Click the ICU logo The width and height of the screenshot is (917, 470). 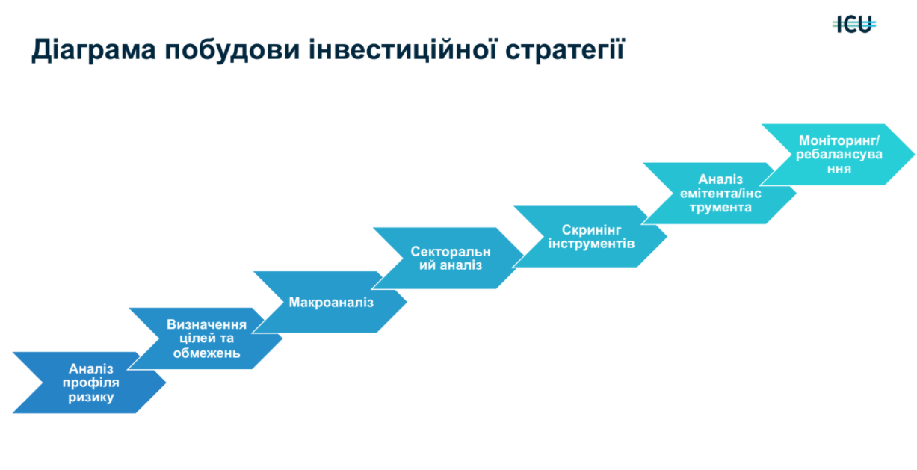pyautogui.click(x=854, y=25)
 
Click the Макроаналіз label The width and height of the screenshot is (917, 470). pyautogui.click(x=331, y=303)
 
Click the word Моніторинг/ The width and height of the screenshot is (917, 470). pyautogui.click(x=839, y=140)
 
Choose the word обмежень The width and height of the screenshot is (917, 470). pyautogui.click(x=207, y=353)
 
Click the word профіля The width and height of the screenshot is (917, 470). pyautogui.click(x=91, y=383)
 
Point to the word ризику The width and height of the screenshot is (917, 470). pyautogui.click(x=91, y=398)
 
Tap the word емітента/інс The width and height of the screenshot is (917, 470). pyautogui.click(x=720, y=193)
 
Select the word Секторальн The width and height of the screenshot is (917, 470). pyautogui.click(x=451, y=251)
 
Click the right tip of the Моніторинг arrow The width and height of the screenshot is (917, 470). pyautogui.click(x=913, y=155)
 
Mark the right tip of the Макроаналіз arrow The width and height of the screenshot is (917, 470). pyautogui.click(x=406, y=302)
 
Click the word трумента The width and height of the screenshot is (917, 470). pyautogui.click(x=720, y=207)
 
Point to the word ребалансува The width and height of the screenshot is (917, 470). pyautogui.click(x=839, y=155)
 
